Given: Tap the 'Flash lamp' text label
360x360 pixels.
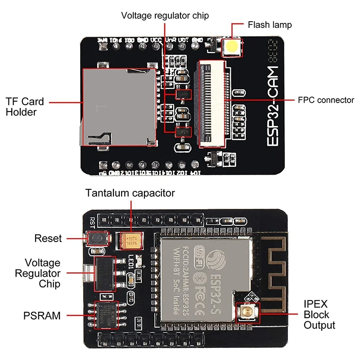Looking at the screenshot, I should (270, 25).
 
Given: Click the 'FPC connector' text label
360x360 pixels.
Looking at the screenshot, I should (326, 100).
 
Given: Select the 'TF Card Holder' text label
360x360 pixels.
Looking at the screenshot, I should (24, 107).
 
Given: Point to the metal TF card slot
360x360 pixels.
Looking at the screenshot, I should (119, 107).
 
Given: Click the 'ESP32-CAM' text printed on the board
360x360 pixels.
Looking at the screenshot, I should (273, 106).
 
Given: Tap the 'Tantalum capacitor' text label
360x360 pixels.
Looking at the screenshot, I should (130, 193).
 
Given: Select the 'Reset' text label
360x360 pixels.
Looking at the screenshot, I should (48, 238).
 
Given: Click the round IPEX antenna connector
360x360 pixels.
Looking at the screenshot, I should (246, 312).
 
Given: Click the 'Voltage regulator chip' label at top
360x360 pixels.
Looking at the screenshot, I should (165, 16).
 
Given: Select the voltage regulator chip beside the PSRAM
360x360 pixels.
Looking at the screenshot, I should (104, 274).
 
